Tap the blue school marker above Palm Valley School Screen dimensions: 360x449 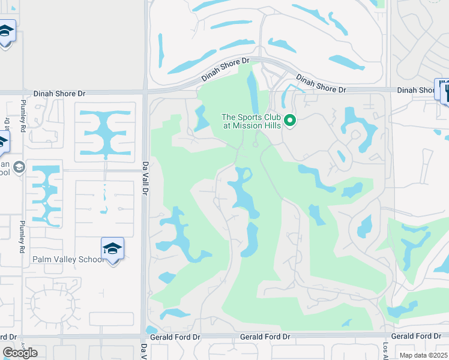coord(112,249)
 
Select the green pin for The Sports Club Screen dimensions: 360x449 coord(290,121)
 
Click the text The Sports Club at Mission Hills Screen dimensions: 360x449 coord(252,121)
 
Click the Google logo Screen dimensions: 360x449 coord(20,352)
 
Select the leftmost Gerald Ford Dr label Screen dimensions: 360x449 coord(175,338)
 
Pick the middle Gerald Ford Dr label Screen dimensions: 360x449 coord(265,338)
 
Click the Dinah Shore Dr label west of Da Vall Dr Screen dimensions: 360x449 coord(59,94)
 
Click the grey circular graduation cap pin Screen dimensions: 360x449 coord(19,167)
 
